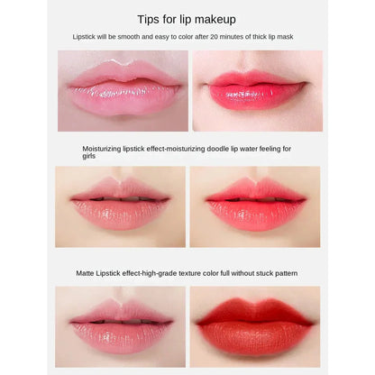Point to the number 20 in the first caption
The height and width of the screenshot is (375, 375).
click(209, 37)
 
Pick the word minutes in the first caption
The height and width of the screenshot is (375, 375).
click(228, 37)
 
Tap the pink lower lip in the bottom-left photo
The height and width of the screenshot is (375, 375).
click(121, 333)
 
